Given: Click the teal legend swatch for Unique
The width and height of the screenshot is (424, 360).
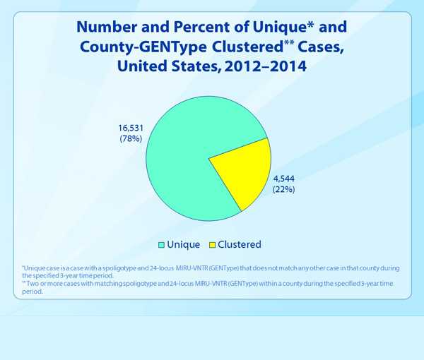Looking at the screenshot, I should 162,245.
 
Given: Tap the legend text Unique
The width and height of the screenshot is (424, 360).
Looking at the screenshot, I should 183,245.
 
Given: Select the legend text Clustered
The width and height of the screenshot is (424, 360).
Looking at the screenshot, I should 240,245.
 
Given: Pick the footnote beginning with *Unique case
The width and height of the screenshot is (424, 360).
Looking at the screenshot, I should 205,272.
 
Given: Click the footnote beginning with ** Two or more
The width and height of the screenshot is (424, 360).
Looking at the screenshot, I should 205,287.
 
